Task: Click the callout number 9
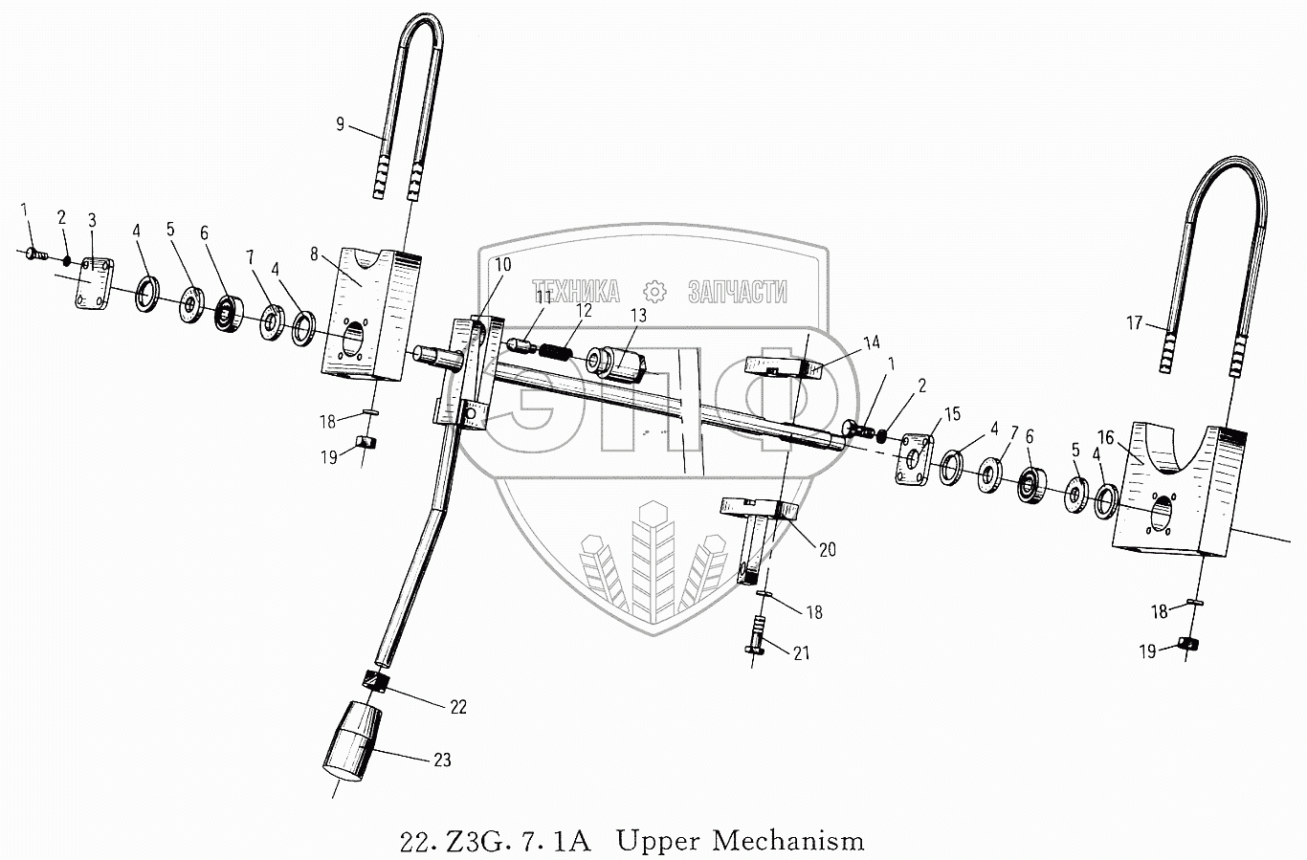point(339,123)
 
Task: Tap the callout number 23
point(441,761)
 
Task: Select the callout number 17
point(1134,323)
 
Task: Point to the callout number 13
point(638,315)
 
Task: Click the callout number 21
point(801,652)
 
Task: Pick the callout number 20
point(827,549)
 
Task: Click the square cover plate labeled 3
point(94,283)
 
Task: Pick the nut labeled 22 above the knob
point(376,682)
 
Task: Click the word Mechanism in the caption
point(787,841)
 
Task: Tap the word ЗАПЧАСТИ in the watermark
point(737,292)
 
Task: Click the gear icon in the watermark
point(653,292)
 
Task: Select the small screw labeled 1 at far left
point(30,253)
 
